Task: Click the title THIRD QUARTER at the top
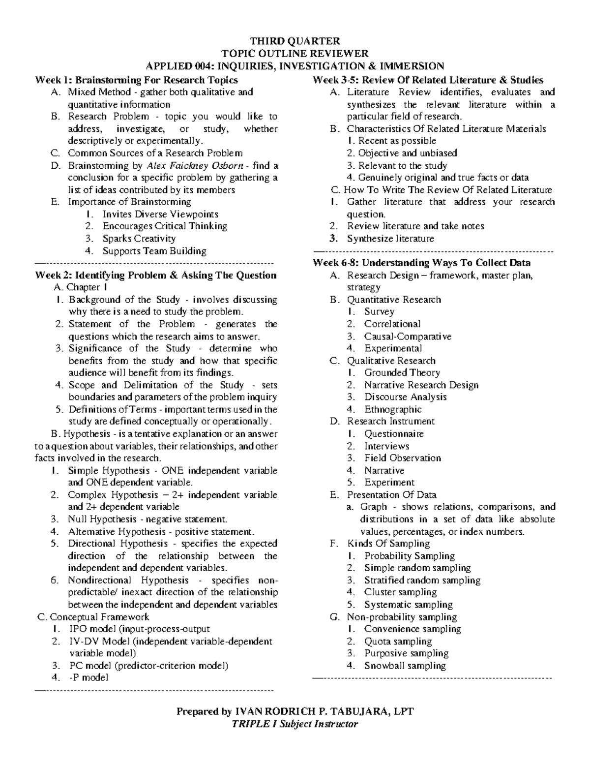295,41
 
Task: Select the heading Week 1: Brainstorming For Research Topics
136,80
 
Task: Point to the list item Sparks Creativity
139,239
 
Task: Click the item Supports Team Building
154,251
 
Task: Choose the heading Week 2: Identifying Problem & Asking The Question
155,275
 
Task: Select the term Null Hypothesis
102,519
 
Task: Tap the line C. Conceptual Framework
93,617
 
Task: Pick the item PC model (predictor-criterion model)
148,666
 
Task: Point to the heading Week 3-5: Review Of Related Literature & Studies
428,80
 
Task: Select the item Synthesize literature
390,239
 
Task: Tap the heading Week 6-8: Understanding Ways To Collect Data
421,263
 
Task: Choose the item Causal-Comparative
408,336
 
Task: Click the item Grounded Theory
402,373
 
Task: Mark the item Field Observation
402,458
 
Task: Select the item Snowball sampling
405,666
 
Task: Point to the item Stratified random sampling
422,580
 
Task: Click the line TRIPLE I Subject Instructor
295,724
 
